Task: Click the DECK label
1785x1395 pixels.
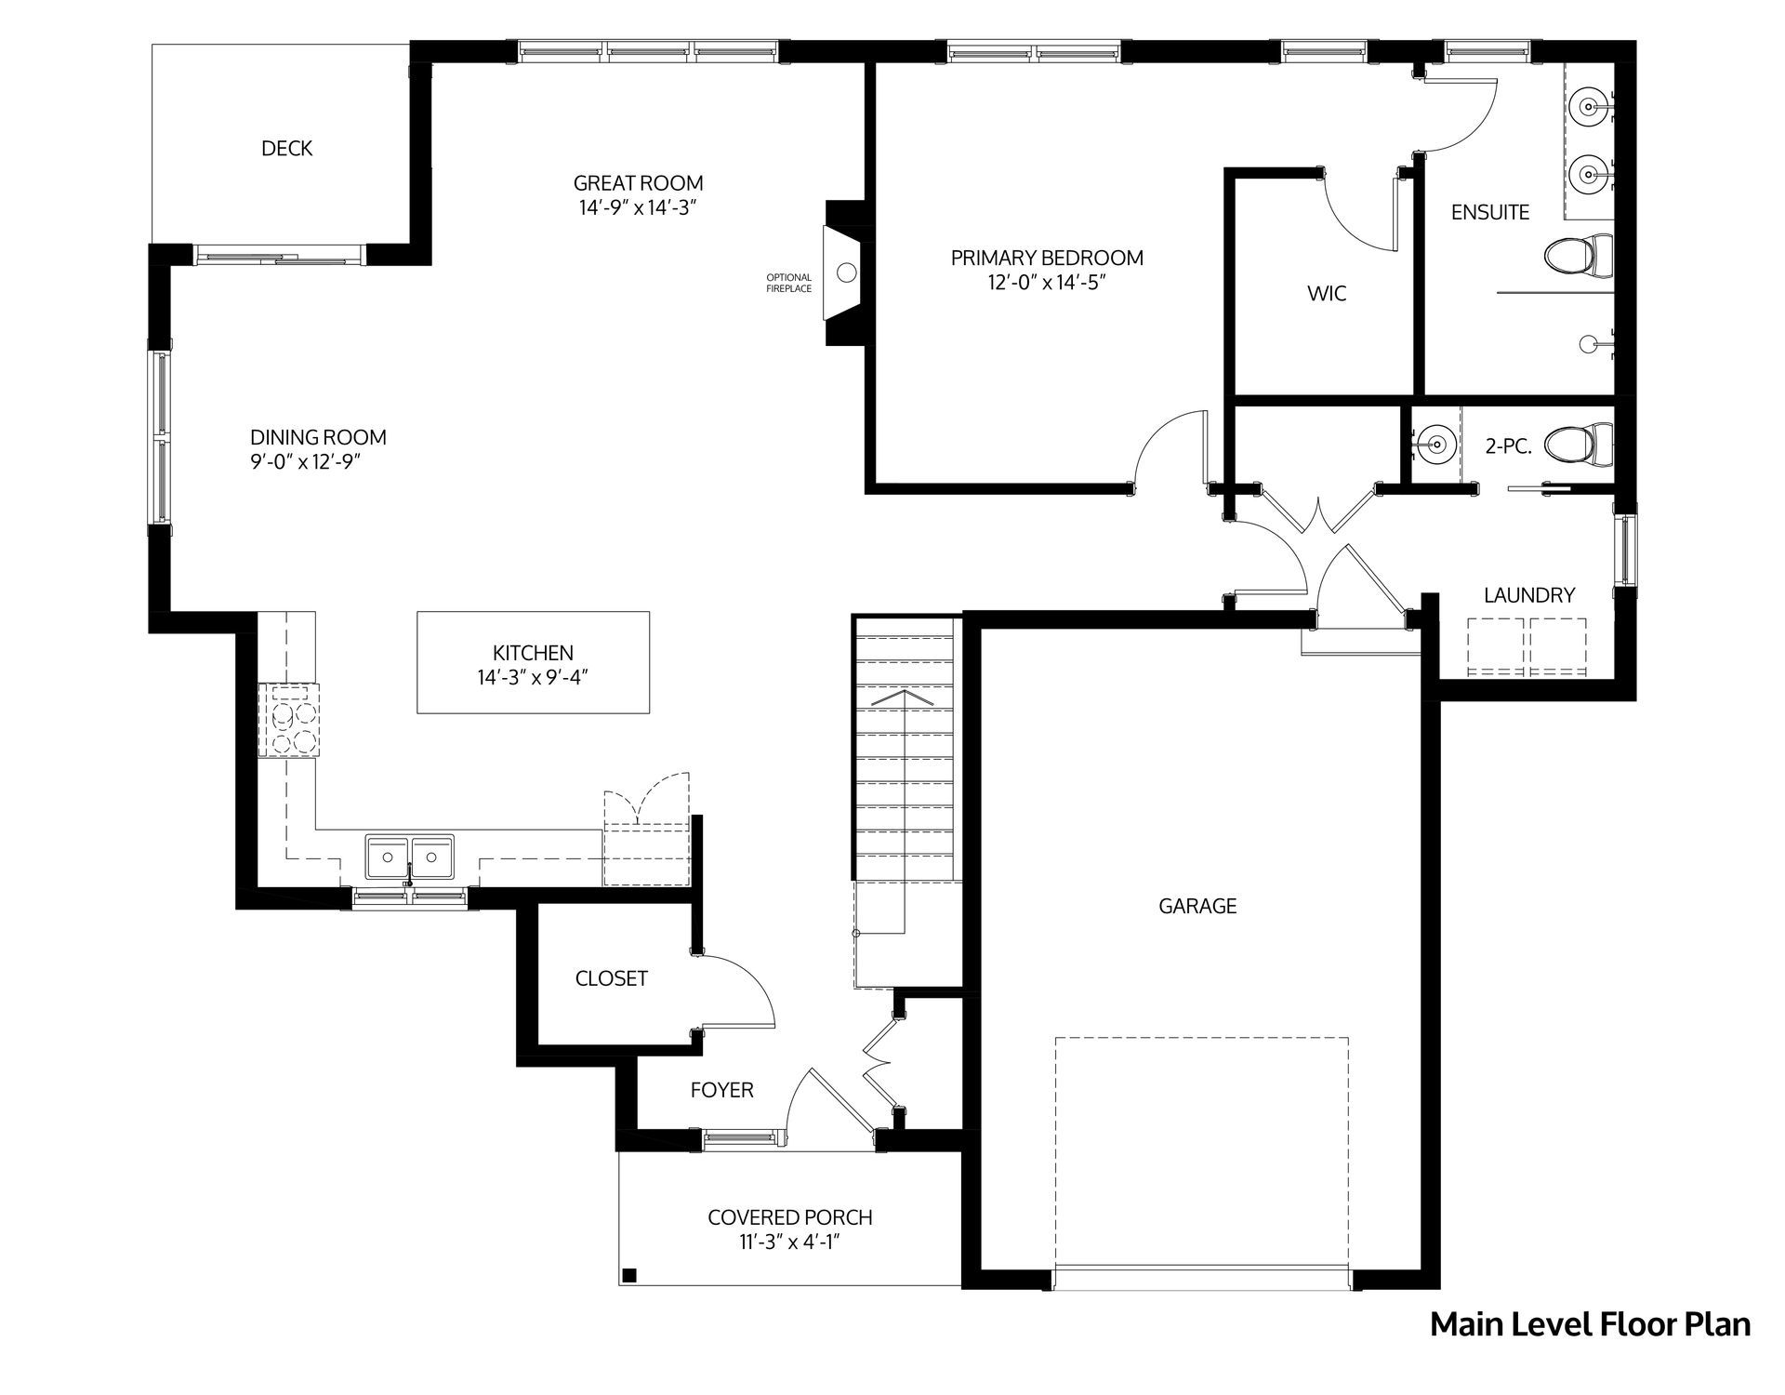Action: click(286, 148)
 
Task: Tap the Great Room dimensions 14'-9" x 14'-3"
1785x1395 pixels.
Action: click(638, 207)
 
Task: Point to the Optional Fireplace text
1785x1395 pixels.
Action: click(788, 283)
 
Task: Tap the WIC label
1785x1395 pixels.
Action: click(1327, 294)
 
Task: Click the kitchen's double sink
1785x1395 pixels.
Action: click(410, 857)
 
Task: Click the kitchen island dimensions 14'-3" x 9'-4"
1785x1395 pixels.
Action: click(534, 677)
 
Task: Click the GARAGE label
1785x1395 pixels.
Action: click(1197, 906)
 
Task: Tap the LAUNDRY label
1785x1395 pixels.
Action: click(1529, 595)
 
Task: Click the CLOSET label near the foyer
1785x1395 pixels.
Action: click(611, 978)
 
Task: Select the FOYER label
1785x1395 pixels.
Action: click(721, 1090)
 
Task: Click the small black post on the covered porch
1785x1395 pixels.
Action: click(629, 1275)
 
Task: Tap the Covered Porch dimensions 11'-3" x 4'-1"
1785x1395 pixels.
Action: click(789, 1242)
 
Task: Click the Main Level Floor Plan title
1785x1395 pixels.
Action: click(1590, 1324)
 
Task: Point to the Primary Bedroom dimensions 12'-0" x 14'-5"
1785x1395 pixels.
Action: click(1047, 282)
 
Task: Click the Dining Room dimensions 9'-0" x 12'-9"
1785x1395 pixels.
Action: click(305, 462)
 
